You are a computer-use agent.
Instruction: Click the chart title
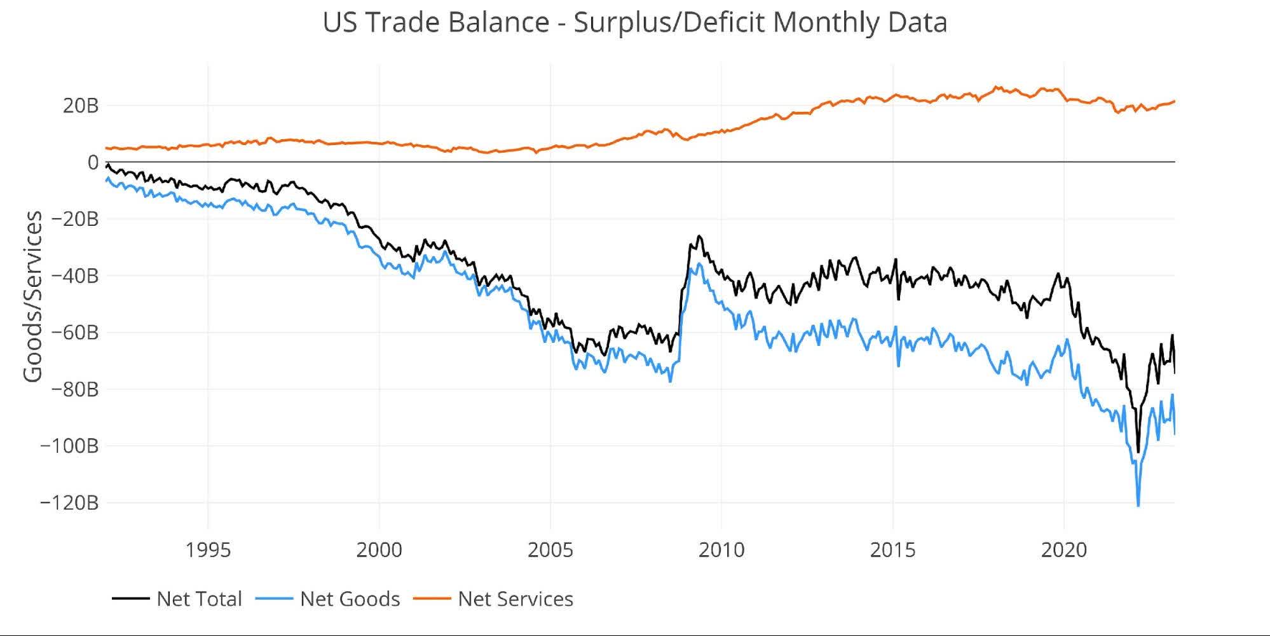(634, 23)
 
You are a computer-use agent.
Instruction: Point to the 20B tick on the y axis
(81, 106)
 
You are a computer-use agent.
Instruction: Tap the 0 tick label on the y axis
(93, 163)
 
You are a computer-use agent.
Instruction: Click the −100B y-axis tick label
(69, 446)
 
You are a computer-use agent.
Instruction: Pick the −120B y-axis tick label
(69, 503)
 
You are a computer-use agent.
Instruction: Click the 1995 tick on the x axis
(208, 550)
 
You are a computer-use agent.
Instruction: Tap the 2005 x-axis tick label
(550, 550)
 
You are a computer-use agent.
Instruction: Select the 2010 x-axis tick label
(721, 550)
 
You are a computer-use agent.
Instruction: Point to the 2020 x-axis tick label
(1063, 550)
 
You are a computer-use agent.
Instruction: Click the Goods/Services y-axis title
(33, 296)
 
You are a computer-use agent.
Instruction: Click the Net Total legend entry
(199, 599)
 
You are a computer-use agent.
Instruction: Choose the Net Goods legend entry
(350, 599)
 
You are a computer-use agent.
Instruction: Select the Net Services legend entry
(515, 599)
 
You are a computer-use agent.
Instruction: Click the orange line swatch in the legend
(432, 599)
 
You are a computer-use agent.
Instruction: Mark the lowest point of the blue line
(1138, 506)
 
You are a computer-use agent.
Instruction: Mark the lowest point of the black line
(1138, 452)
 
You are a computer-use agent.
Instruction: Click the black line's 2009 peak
(699, 236)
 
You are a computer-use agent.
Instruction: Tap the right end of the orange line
(1174, 101)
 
